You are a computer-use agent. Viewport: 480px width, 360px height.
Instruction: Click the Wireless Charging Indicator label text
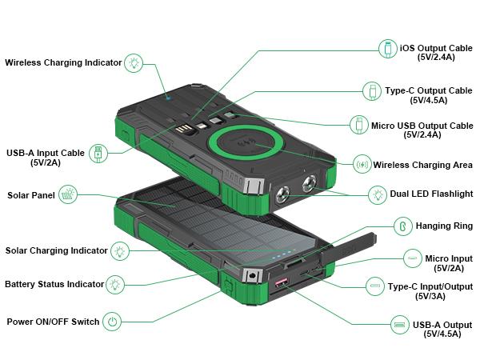tap(63, 62)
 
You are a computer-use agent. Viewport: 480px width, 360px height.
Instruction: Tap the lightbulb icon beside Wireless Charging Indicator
tap(134, 62)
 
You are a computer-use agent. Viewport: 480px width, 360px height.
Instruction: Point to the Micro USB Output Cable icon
tap(358, 126)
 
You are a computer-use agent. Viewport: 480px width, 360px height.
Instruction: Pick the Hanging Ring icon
tap(402, 226)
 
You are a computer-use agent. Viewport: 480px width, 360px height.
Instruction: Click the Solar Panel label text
tap(31, 195)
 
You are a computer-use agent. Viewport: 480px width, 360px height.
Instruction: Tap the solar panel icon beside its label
tap(69, 194)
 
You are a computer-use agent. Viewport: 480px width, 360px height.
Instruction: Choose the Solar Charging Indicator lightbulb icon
tap(120, 250)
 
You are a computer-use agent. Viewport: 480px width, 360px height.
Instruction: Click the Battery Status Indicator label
tap(54, 284)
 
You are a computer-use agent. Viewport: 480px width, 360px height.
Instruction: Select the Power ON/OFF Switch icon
tap(114, 322)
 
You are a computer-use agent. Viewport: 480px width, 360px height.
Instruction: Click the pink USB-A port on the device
tap(282, 284)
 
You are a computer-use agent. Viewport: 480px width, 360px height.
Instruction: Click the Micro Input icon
tap(412, 258)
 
